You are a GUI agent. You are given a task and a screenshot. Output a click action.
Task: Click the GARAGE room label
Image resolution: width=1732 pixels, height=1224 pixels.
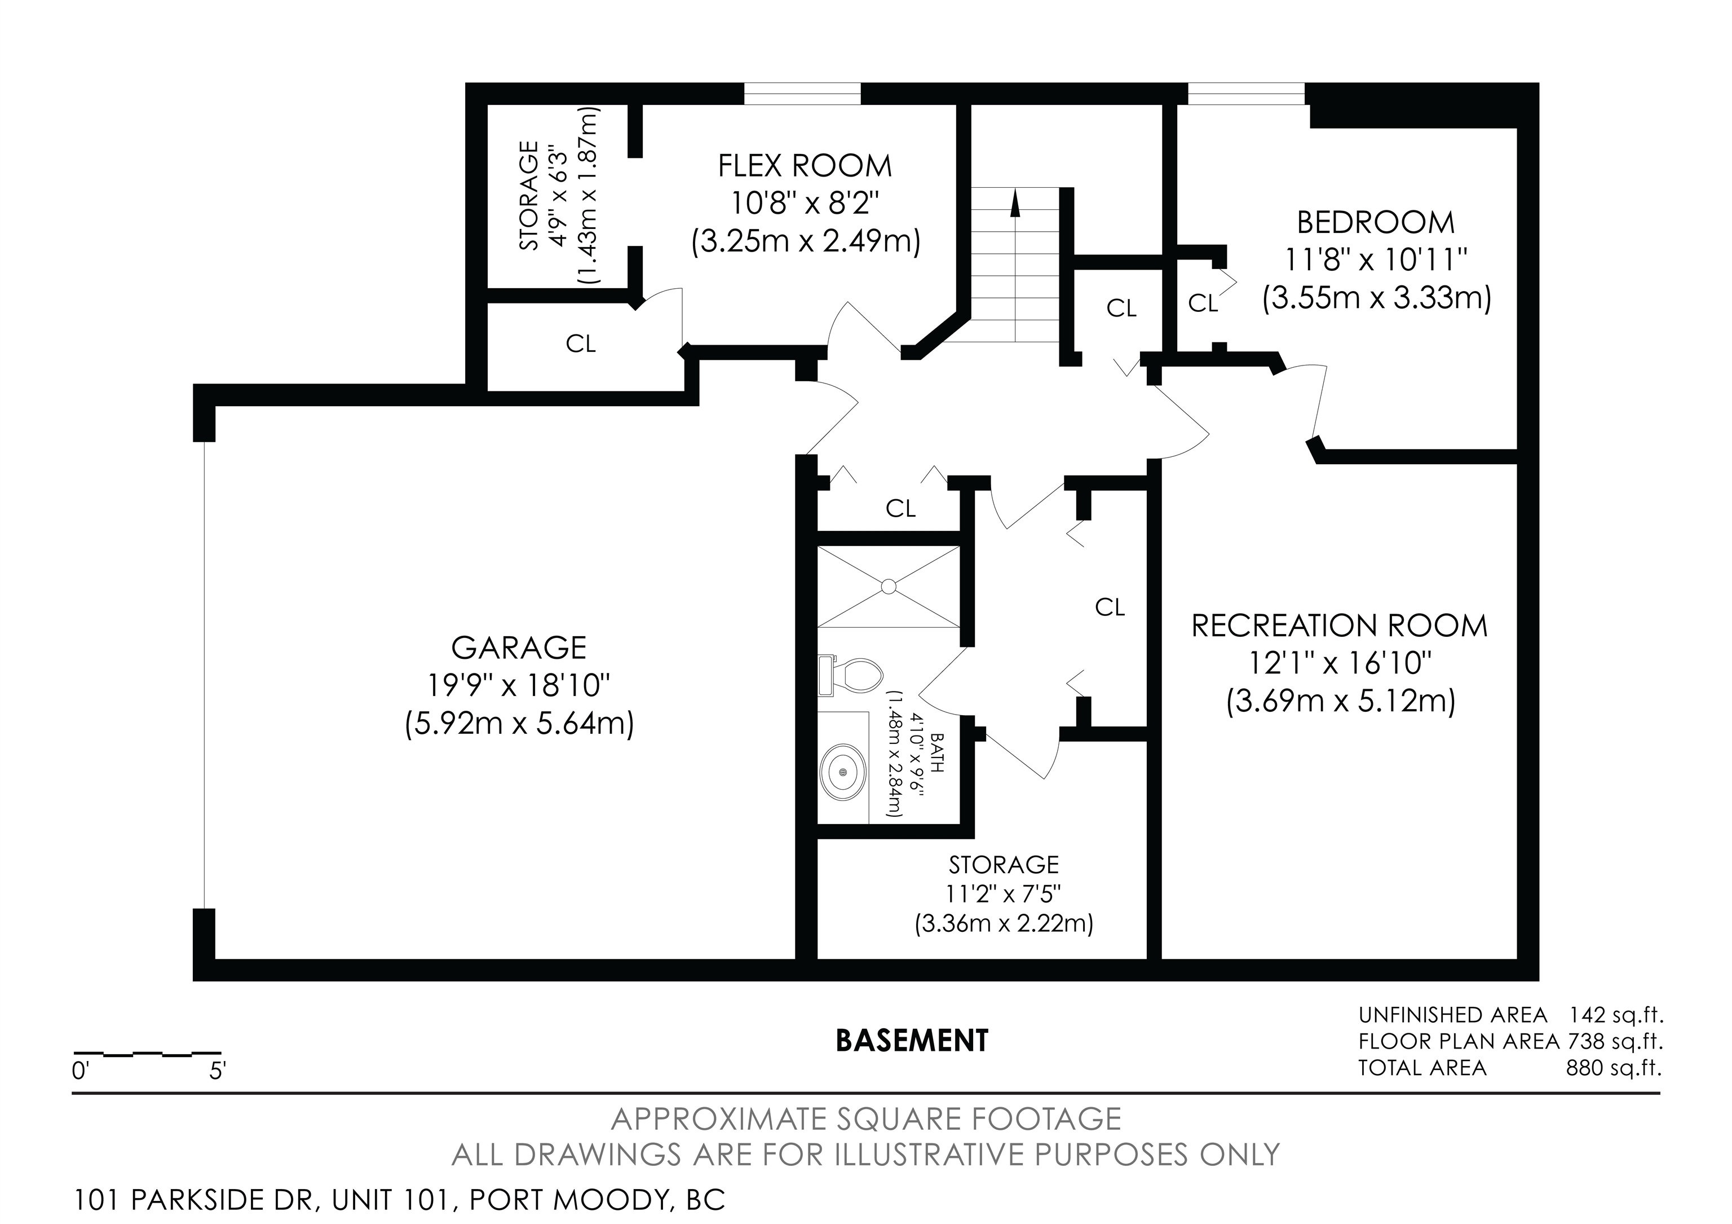[x=519, y=648]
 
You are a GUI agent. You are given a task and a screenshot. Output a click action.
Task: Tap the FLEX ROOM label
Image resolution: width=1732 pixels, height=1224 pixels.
[x=805, y=166]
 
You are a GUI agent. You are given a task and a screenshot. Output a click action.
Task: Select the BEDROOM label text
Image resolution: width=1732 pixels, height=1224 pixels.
[x=1376, y=223]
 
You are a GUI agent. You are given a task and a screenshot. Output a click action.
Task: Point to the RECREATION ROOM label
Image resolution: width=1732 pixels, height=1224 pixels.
[x=1340, y=626]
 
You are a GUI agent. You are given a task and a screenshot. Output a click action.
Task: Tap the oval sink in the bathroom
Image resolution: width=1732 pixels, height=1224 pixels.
[x=843, y=773]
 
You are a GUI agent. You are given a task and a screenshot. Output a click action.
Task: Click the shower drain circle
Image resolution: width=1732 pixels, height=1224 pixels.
[x=889, y=585]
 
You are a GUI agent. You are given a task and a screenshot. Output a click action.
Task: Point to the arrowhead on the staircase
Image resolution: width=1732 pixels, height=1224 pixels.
[x=1015, y=203]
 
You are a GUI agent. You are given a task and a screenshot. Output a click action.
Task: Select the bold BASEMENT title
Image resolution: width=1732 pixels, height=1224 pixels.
[x=912, y=1041]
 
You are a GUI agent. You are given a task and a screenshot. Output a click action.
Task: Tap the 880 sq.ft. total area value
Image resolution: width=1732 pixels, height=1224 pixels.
[x=1614, y=1068]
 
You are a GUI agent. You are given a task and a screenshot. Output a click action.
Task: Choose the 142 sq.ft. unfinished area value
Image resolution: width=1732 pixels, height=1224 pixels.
[x=1616, y=1015]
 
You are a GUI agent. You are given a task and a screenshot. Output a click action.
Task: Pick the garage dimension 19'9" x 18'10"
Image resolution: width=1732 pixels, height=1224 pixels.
[x=519, y=686]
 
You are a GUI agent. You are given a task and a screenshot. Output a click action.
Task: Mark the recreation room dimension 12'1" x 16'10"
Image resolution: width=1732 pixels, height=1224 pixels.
[x=1340, y=664]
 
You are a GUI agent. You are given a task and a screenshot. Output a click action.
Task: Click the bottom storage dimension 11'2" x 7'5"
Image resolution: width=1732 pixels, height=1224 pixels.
[x=1004, y=894]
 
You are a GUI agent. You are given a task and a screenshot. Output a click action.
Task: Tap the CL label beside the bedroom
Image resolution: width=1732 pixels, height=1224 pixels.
[x=1203, y=303]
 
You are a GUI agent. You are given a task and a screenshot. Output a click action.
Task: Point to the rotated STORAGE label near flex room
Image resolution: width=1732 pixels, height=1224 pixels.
[x=529, y=196]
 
